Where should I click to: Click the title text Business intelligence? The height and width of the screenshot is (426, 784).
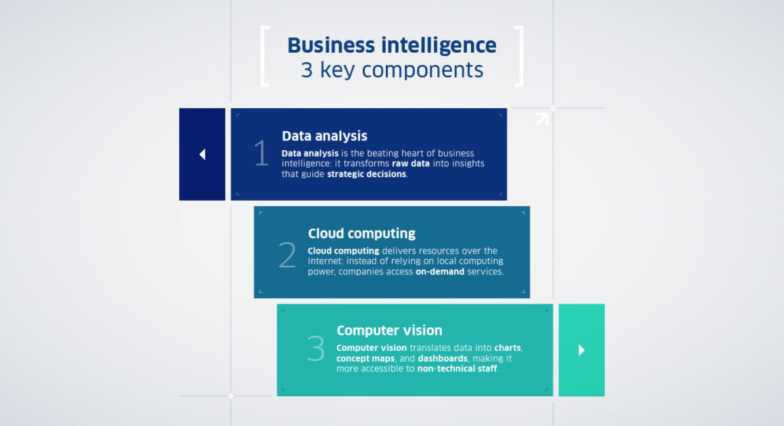pyautogui.click(x=391, y=45)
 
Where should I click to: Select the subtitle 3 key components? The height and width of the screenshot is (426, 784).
pyautogui.click(x=391, y=70)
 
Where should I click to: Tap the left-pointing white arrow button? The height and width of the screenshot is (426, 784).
pyautogui.click(x=202, y=154)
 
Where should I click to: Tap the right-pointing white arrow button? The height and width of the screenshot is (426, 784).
pyautogui.click(x=581, y=350)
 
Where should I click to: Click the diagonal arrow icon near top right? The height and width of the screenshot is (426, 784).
pyautogui.click(x=542, y=119)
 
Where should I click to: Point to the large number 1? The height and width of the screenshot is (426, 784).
pyautogui.click(x=262, y=154)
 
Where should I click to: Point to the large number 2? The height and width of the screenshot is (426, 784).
pyautogui.click(x=287, y=255)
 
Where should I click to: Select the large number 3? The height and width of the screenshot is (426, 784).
pyautogui.click(x=315, y=349)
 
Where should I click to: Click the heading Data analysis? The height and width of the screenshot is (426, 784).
pyautogui.click(x=325, y=136)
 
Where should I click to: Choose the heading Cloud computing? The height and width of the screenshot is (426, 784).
pyautogui.click(x=361, y=234)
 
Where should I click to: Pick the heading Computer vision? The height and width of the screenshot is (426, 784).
pyautogui.click(x=389, y=331)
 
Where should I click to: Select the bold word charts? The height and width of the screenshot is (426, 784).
pyautogui.click(x=507, y=348)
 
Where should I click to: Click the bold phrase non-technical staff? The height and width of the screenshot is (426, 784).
pyautogui.click(x=456, y=369)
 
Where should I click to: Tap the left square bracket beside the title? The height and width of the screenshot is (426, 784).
pyautogui.click(x=265, y=57)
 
